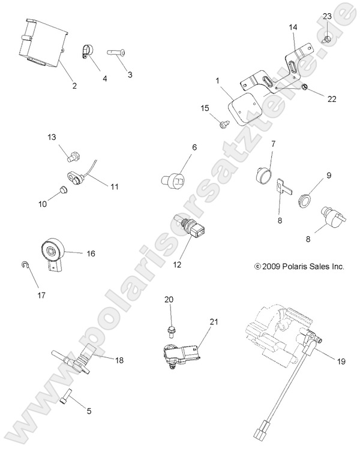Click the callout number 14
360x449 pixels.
(x=292, y=28)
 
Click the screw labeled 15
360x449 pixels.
(x=224, y=123)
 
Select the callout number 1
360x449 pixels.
(x=217, y=80)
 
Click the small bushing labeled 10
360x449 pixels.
(x=61, y=192)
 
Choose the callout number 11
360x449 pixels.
(x=115, y=186)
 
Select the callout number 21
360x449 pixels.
(x=214, y=322)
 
